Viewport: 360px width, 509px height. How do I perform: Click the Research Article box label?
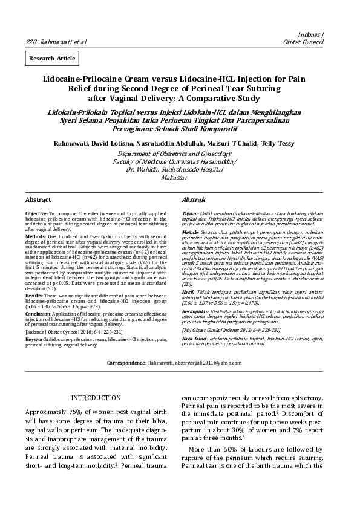(x=52, y=58)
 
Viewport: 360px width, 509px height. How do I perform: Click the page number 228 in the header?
(x=31, y=41)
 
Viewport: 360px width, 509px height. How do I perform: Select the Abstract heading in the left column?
(x=38, y=199)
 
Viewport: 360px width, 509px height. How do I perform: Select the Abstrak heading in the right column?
(x=194, y=199)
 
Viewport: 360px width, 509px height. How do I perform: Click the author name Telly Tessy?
(x=279, y=143)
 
